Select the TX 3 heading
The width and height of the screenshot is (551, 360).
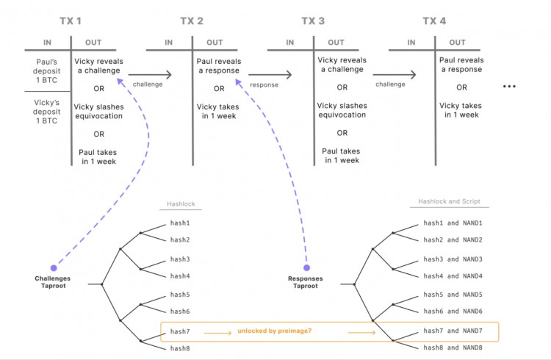(x=313, y=21)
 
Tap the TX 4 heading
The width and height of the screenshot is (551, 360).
(x=434, y=21)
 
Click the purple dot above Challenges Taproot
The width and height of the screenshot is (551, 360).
(x=53, y=267)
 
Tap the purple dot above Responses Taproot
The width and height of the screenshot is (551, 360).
(x=307, y=267)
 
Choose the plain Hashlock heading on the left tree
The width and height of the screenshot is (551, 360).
(x=183, y=206)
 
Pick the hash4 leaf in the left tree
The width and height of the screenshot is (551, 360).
(x=180, y=276)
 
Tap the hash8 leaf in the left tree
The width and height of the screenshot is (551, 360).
(x=180, y=347)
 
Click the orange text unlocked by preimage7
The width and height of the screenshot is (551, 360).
(x=274, y=331)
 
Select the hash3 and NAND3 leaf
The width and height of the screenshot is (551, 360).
(x=453, y=259)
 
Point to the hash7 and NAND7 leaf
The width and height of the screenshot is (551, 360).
(x=453, y=330)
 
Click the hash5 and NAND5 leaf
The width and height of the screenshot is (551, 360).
(x=453, y=295)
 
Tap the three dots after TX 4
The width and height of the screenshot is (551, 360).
(x=510, y=87)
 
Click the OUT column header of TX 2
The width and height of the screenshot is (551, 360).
(x=215, y=43)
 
